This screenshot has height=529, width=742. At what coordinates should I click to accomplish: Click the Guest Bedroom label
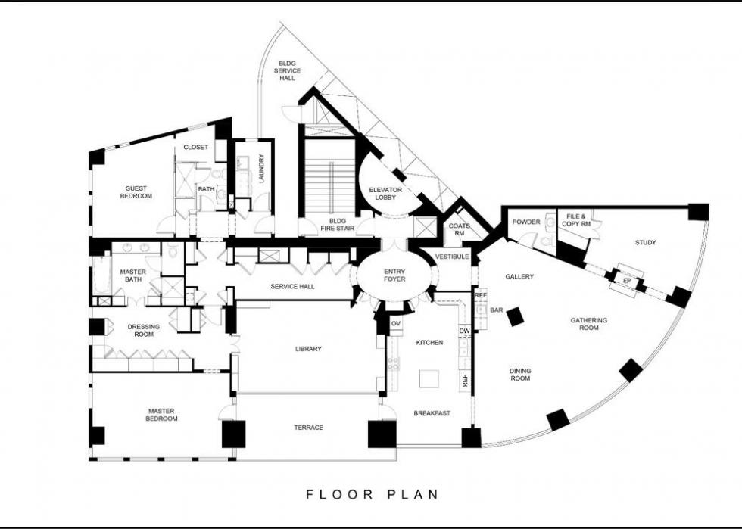click(x=136, y=191)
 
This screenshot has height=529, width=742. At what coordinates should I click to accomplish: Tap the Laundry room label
click(x=262, y=169)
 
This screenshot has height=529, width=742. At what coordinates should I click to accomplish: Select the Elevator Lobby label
click(x=385, y=194)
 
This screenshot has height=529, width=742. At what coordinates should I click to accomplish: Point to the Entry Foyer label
click(x=394, y=275)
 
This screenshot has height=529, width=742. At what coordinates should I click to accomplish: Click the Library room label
click(x=308, y=349)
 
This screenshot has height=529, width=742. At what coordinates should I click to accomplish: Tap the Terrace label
click(x=309, y=428)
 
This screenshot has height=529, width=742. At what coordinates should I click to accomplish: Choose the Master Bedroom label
click(x=161, y=415)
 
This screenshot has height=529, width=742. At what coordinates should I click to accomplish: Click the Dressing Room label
click(x=144, y=330)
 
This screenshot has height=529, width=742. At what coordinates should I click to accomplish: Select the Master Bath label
click(x=133, y=275)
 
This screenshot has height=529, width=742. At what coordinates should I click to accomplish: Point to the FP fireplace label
click(x=627, y=281)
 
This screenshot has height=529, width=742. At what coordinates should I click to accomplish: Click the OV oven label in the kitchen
click(x=396, y=323)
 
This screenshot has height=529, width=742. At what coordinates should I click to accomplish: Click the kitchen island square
click(x=429, y=378)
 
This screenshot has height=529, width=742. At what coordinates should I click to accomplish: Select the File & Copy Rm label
click(x=576, y=220)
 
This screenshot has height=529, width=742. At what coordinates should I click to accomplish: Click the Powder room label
click(x=525, y=222)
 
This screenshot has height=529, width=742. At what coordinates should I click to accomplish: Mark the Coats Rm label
click(x=459, y=229)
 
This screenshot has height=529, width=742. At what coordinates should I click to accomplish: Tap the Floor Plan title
click(x=373, y=494)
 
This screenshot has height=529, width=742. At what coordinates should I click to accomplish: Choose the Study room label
click(x=645, y=243)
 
